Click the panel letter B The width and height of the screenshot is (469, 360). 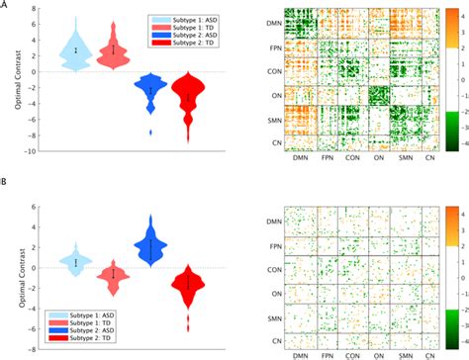click(6, 184)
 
